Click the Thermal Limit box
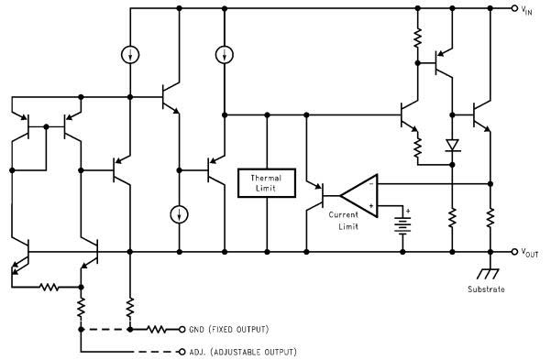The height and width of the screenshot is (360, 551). click(267, 182)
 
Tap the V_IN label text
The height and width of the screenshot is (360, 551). click(531, 9)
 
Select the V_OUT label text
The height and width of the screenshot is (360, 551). click(533, 251)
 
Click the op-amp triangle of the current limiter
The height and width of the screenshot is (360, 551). click(359, 193)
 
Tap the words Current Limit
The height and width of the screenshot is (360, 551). click(346, 220)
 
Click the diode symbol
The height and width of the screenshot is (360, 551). click(452, 145)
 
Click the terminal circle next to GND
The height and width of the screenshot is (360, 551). click(182, 329)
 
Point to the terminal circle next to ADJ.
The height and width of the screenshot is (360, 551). click(182, 351)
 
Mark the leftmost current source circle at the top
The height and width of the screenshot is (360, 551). click(130, 55)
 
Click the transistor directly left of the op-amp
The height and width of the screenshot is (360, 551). click(317, 193)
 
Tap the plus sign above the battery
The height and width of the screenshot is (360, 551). click(408, 211)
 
